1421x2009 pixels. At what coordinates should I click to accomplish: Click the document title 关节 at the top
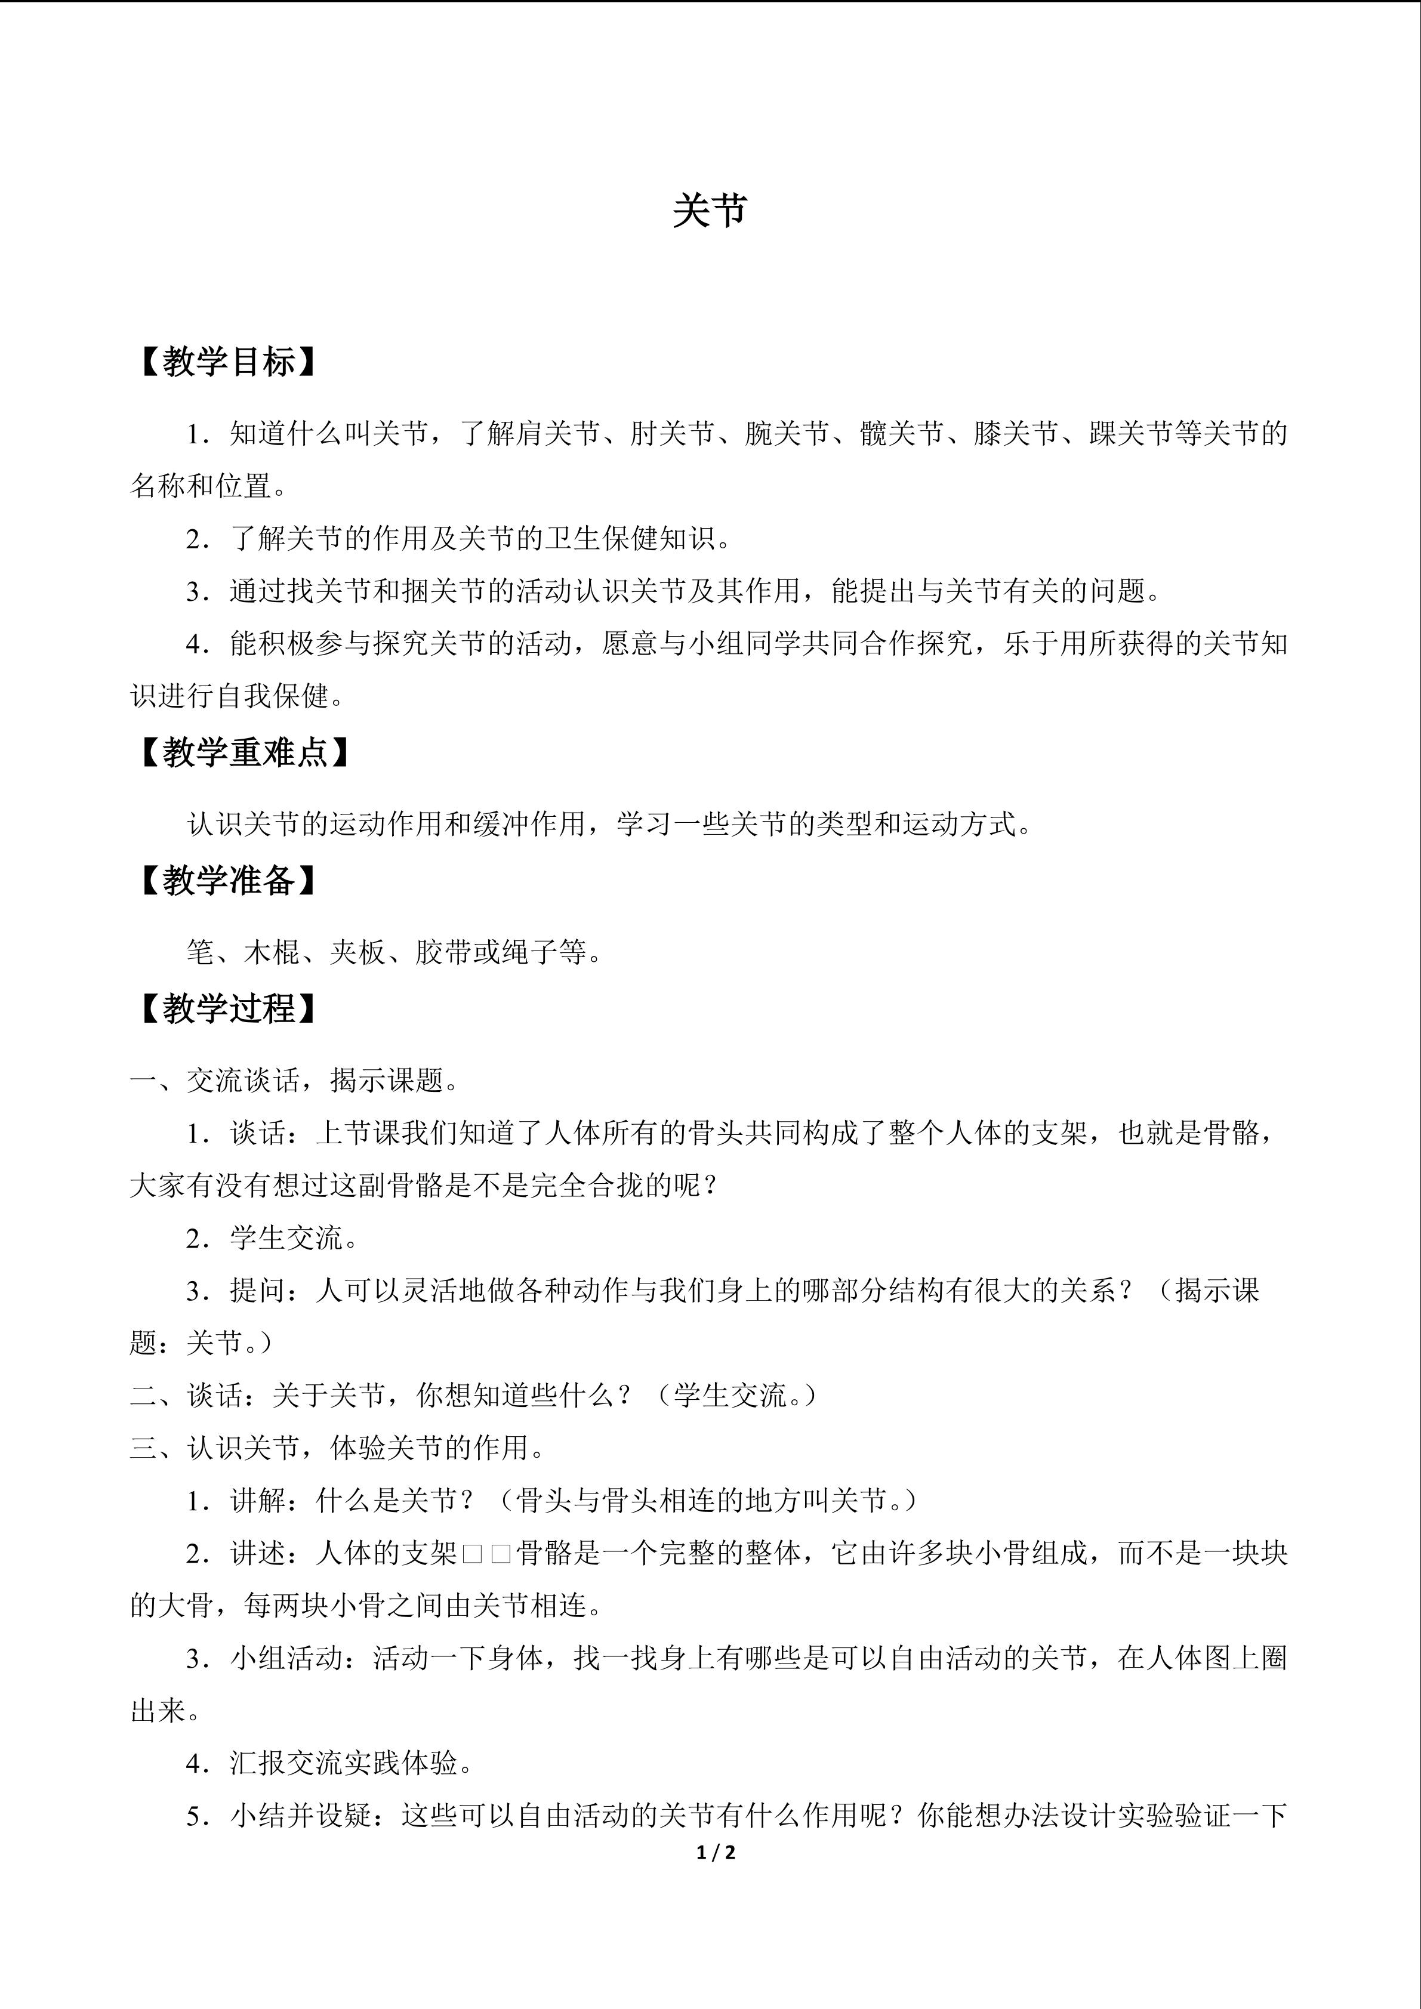tap(710, 211)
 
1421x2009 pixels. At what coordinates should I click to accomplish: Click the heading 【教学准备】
tap(226, 880)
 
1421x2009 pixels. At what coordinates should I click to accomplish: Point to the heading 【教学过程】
tap(226, 1009)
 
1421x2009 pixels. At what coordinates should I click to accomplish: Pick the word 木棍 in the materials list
tap(272, 952)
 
